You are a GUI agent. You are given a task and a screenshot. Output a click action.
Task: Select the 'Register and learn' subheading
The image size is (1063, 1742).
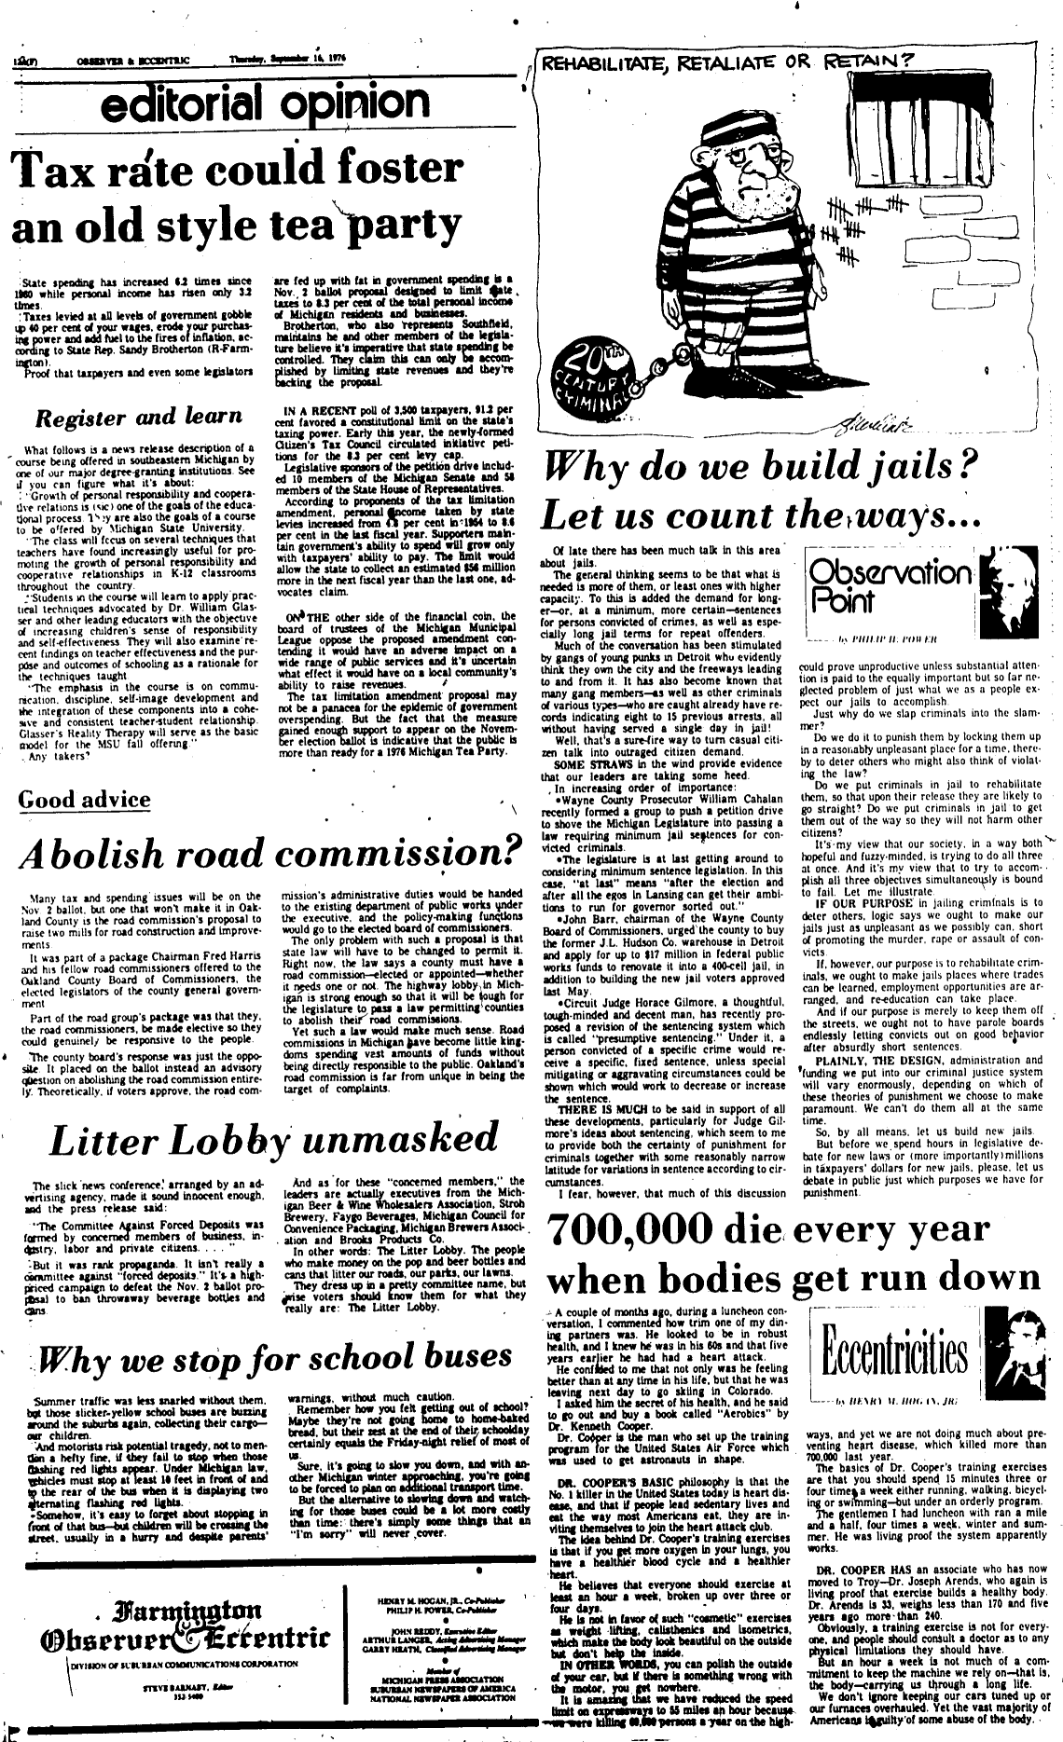click(146, 417)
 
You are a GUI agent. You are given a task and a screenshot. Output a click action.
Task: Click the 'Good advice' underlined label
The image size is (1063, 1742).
click(84, 799)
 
